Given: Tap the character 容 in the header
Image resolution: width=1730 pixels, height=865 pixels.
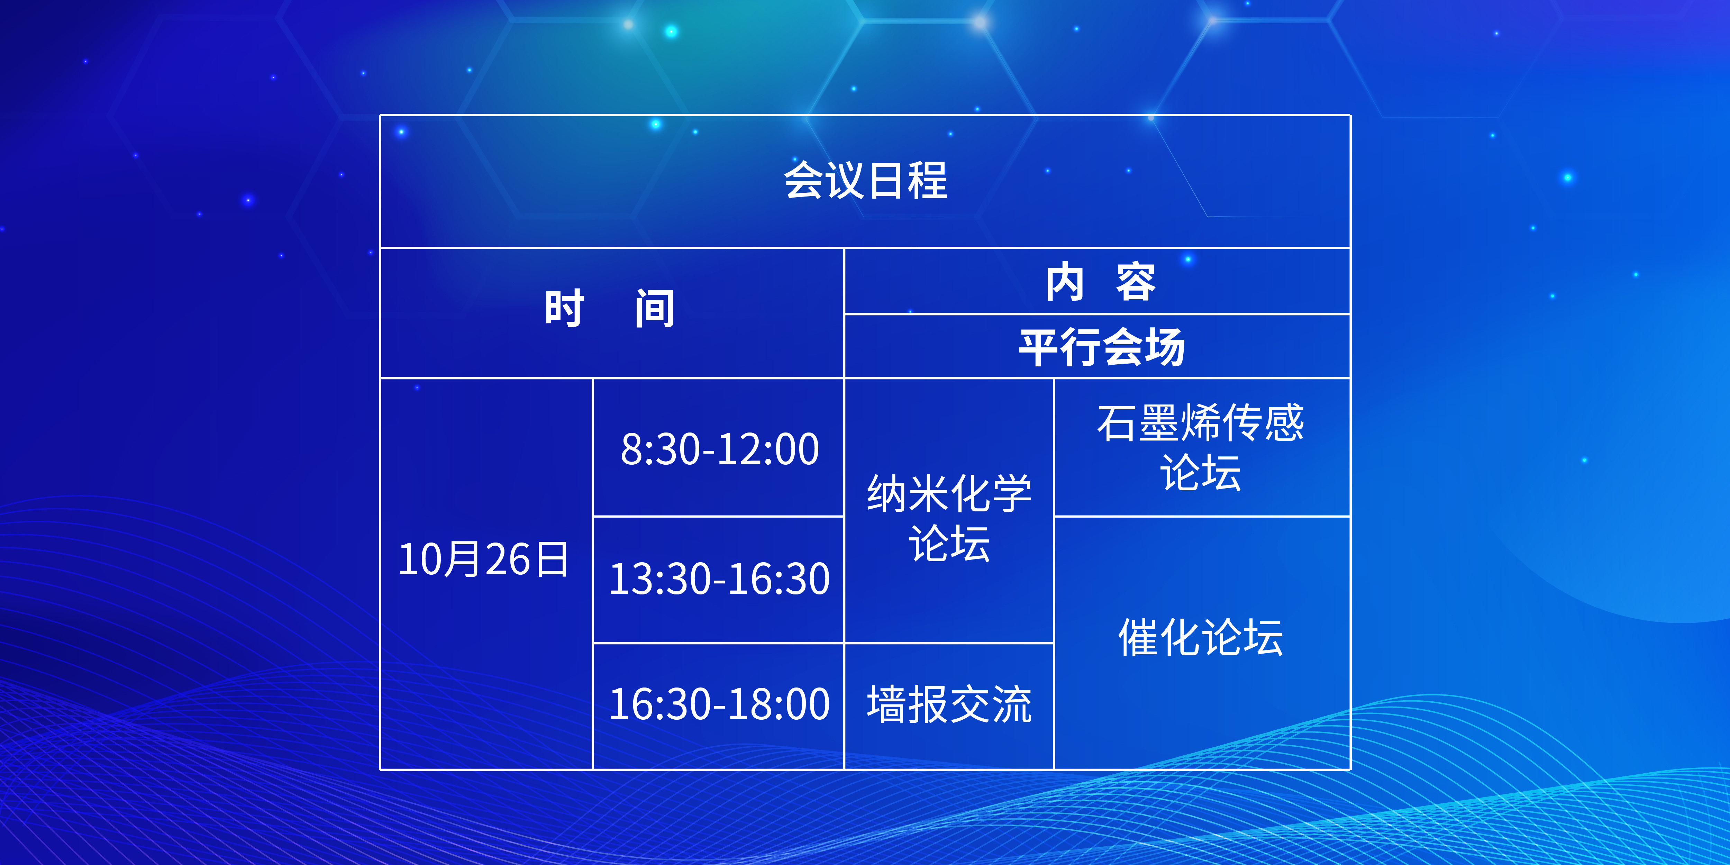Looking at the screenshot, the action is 1136,281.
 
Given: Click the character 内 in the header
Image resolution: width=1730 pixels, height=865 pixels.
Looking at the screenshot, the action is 1065,281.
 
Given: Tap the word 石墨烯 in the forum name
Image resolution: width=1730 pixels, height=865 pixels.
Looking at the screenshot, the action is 1159,423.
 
